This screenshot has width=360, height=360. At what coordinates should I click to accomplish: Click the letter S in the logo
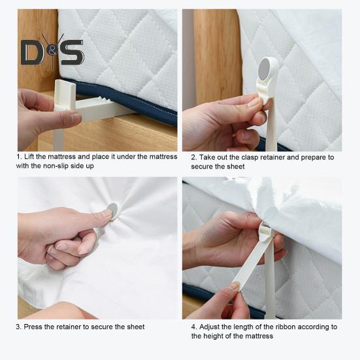(x=73, y=52)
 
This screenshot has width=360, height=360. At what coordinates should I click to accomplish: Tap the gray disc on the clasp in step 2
(x=265, y=68)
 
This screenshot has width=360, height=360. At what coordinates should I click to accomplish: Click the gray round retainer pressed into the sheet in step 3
(x=113, y=210)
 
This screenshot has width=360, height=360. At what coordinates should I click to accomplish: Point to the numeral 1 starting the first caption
(x=18, y=157)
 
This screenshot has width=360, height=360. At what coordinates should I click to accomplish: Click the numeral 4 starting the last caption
(x=194, y=327)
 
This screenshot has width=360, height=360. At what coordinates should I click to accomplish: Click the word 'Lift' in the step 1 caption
(x=29, y=157)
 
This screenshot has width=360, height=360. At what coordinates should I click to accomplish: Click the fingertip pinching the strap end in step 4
(x=235, y=286)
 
